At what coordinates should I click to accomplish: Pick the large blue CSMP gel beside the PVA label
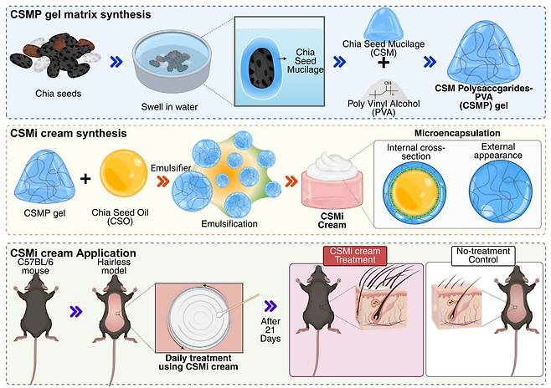coord(478,53)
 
